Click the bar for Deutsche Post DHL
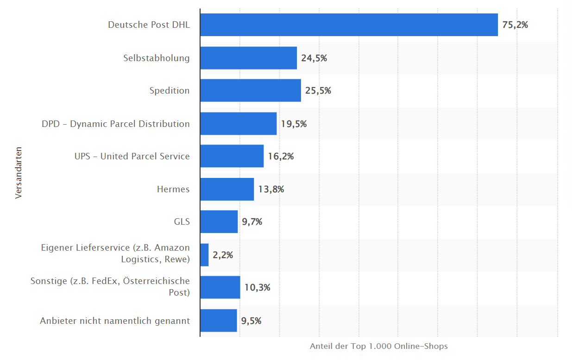[349, 25]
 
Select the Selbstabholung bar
[248, 58]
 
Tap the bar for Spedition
[250, 90]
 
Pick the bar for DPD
[238, 124]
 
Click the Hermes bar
[227, 189]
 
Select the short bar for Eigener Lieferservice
[204, 255]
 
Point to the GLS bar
[219, 222]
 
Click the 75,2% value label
[515, 25]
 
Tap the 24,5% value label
[314, 58]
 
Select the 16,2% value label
[281, 157]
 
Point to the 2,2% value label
[223, 255]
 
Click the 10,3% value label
[257, 287]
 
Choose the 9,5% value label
[251, 321]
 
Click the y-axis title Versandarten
[19, 173]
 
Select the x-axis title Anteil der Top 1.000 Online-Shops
[378, 347]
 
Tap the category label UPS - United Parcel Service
[132, 157]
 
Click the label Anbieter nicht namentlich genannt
[115, 321]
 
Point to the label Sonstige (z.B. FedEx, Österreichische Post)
[110, 287]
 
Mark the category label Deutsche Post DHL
[149, 25]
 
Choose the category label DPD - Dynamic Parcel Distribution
[116, 124]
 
